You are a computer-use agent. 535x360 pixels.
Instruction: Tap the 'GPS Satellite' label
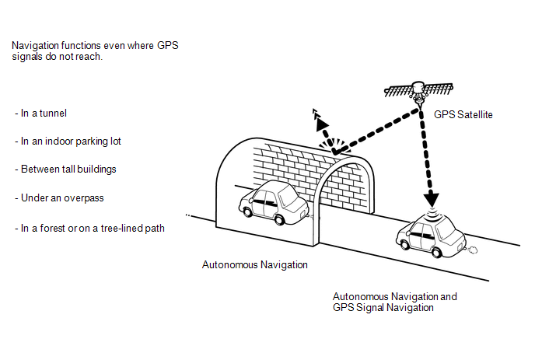(x=463, y=114)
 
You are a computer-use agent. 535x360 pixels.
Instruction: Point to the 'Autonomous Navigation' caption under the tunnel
(x=255, y=265)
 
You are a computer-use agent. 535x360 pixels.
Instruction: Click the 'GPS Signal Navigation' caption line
(x=383, y=308)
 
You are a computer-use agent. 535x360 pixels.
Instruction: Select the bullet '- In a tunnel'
(x=40, y=114)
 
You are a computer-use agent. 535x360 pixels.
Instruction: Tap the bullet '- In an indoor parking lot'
(x=68, y=142)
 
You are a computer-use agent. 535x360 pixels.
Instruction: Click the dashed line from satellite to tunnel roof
(x=373, y=121)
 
